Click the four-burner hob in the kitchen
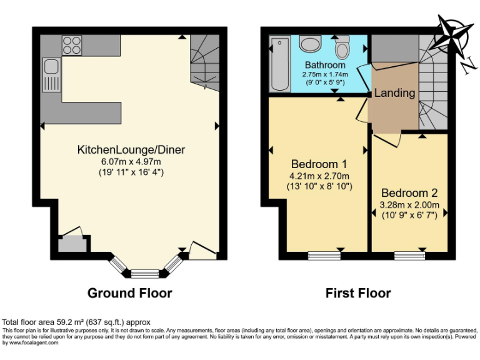tap(72, 46)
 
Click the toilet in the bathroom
tap(342, 47)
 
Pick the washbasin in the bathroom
tap(309, 43)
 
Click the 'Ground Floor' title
tap(129, 293)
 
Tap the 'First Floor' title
tap(358, 293)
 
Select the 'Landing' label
tap(394, 93)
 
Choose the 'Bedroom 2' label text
tap(409, 192)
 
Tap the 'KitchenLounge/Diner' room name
tap(131, 150)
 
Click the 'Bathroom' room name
tap(325, 65)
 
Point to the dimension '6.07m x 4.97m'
tap(131, 161)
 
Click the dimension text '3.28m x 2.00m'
tap(409, 204)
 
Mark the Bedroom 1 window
tap(323, 255)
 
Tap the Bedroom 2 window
tap(409, 255)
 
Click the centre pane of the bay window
tap(145, 272)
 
